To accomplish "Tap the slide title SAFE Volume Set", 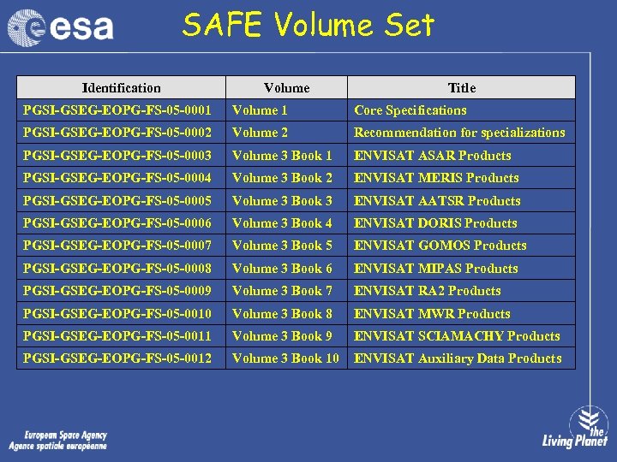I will pos(308,26).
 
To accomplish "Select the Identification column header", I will pos(121,87).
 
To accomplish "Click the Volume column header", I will pos(286,87).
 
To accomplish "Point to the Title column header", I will pos(461,87).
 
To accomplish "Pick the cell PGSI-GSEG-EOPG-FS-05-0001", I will pos(117,110).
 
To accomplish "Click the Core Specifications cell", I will pos(410,110).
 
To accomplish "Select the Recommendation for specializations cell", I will pos(459,133).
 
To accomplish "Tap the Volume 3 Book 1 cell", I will pos(282,156).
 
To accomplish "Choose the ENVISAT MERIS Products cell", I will pos(436,178).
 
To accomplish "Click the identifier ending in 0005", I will pos(117,201).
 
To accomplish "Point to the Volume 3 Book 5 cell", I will pos(282,246).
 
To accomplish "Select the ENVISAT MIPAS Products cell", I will pos(435,269).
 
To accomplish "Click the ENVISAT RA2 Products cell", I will pos(427,291).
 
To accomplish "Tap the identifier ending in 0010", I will pos(117,314).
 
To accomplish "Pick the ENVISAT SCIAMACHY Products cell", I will pos(457,336).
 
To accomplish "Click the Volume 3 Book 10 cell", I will pos(285,358).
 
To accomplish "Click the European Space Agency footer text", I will pos(58,441).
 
